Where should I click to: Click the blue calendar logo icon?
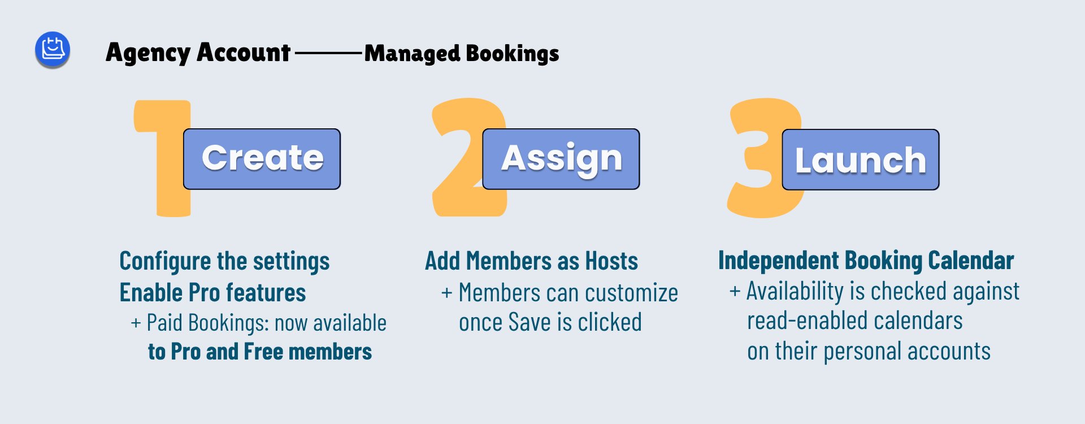pyautogui.click(x=53, y=49)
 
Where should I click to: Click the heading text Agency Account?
pyautogui.click(x=198, y=53)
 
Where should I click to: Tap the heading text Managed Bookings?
pyautogui.click(x=462, y=53)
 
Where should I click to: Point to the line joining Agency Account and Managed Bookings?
pyautogui.click(x=328, y=54)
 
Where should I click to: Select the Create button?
pyautogui.click(x=262, y=159)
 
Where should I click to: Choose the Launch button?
pyautogui.click(x=861, y=159)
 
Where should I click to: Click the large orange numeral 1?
pyautogui.click(x=163, y=158)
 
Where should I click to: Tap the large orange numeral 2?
pyautogui.click(x=469, y=158)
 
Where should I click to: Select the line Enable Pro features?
pyautogui.click(x=212, y=293)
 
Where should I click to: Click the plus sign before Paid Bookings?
pyautogui.click(x=136, y=323)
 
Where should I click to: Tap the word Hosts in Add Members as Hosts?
pyautogui.click(x=611, y=261)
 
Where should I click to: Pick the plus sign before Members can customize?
pyautogui.click(x=446, y=293)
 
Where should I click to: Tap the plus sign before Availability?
pyautogui.click(x=735, y=291)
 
